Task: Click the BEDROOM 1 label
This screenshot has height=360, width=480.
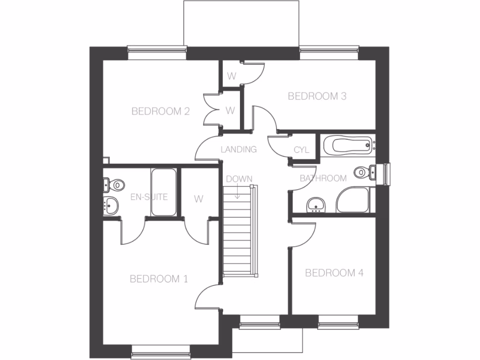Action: pyautogui.click(x=158, y=279)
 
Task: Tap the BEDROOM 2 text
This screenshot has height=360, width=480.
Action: pyautogui.click(x=160, y=111)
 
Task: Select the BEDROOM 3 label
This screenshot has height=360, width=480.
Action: pyautogui.click(x=317, y=96)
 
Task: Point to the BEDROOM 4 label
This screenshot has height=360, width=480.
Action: pyautogui.click(x=334, y=273)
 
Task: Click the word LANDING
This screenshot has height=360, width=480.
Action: pyautogui.click(x=239, y=150)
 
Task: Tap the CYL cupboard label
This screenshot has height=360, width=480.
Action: pyautogui.click(x=301, y=150)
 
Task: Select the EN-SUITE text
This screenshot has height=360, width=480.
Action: pyautogui.click(x=149, y=197)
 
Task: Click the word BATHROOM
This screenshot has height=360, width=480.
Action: pyautogui.click(x=323, y=178)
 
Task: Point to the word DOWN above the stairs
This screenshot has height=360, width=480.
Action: pyautogui.click(x=239, y=179)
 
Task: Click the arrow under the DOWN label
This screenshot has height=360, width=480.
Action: pyautogui.click(x=238, y=192)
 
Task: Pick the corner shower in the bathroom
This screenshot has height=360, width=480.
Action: pyautogui.click(x=352, y=201)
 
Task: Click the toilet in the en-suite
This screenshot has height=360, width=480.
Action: pyautogui.click(x=113, y=185)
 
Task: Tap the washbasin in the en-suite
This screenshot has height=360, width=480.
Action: pyautogui.click(x=111, y=205)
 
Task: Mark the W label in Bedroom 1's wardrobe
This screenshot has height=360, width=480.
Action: pyautogui.click(x=199, y=199)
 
